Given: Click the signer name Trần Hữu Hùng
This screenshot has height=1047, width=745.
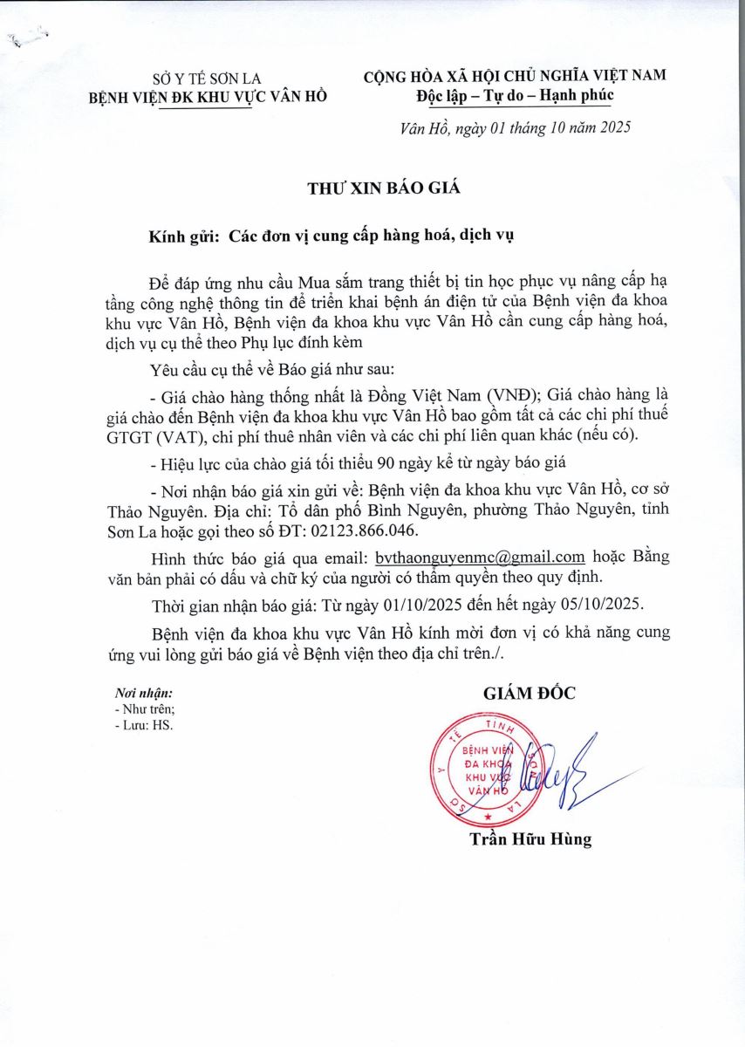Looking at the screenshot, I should [530, 839].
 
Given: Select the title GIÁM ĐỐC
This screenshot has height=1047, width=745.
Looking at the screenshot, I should [530, 694].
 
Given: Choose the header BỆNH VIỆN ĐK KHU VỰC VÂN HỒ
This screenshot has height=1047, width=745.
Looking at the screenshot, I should [208, 97].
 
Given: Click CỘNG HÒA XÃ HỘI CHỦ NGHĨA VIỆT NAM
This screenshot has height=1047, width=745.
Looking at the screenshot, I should [515, 75].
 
